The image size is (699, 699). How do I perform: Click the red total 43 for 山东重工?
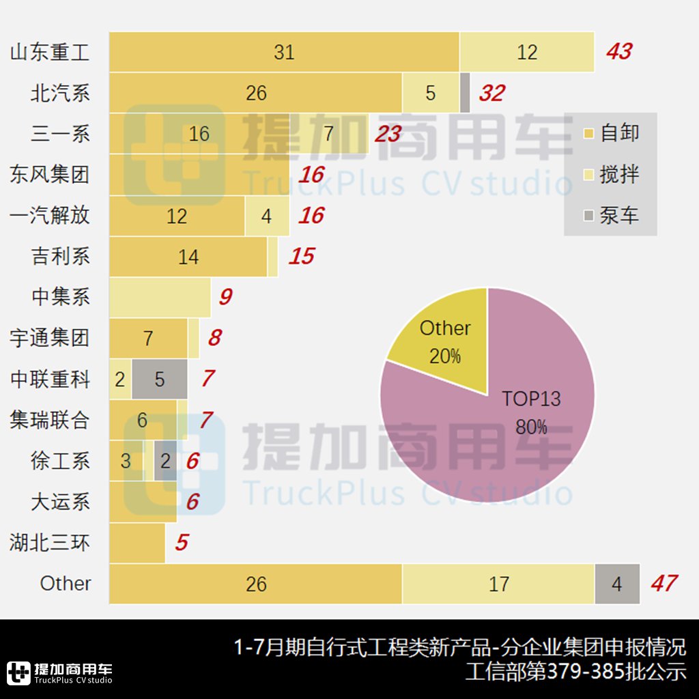[619, 52]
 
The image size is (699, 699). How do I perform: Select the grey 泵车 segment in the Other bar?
[617, 584]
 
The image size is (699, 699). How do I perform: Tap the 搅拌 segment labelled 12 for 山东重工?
[526, 52]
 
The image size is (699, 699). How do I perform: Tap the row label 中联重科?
[50, 379]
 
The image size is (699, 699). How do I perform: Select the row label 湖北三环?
[50, 543]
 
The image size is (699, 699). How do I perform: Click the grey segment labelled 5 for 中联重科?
[160, 380]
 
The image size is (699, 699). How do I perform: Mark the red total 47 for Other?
[664, 584]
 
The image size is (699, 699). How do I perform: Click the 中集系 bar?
[160, 298]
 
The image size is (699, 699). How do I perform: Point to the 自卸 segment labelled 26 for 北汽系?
[256, 93]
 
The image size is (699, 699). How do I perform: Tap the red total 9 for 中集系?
[225, 297]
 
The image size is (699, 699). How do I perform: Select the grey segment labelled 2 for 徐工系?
[165, 461]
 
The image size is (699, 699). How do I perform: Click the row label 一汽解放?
[50, 216]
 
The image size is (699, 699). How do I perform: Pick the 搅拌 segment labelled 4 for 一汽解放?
[266, 216]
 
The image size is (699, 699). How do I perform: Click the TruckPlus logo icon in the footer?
[18, 673]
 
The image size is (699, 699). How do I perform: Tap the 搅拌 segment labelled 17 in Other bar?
[498, 584]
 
